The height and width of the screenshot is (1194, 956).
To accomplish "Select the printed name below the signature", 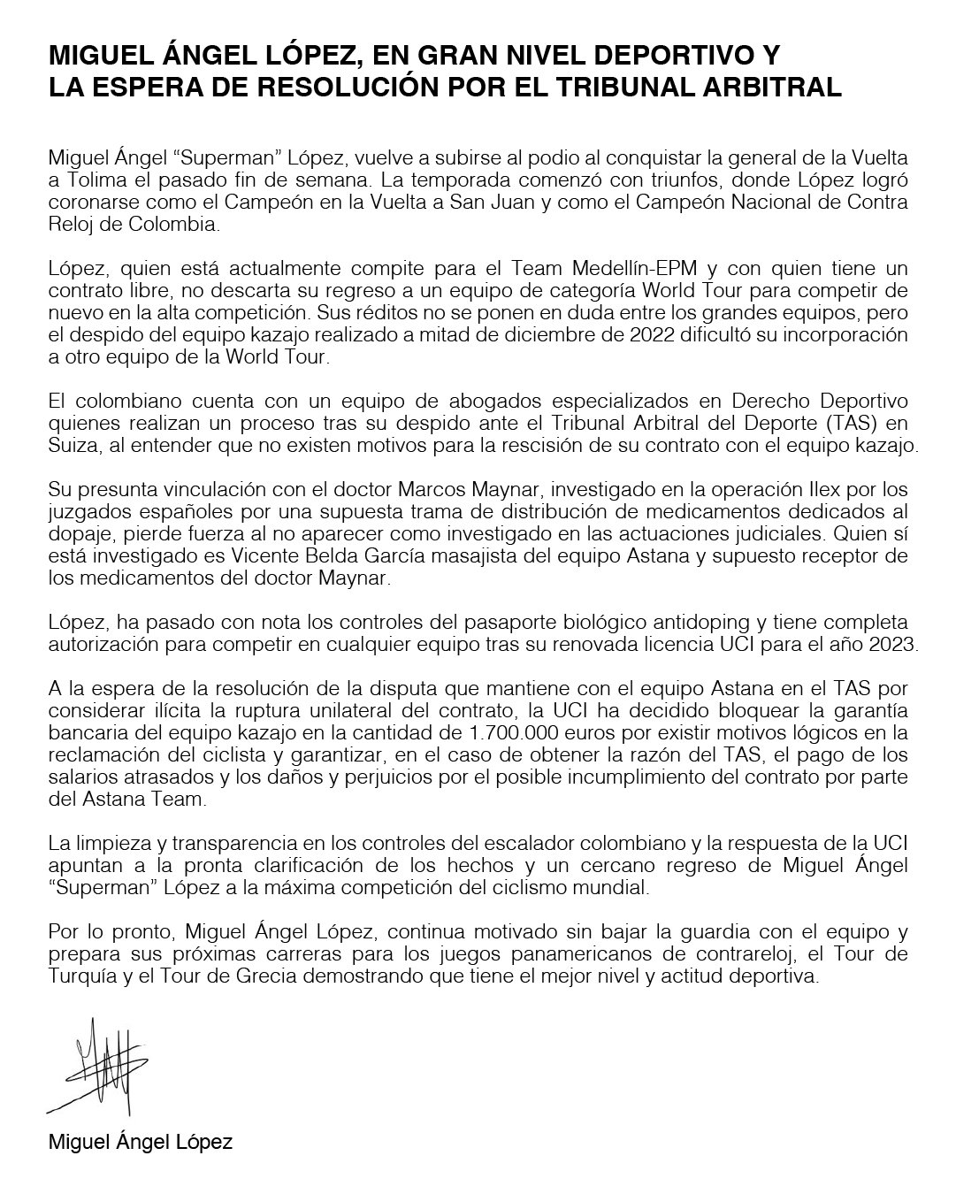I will [141, 1142].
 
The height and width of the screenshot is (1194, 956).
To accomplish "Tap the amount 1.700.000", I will [514, 733].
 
